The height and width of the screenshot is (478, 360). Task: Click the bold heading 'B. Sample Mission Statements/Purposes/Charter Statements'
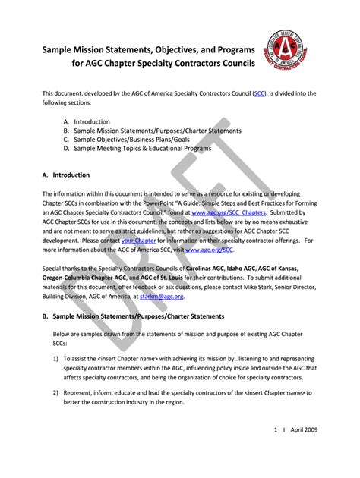click(x=134, y=316)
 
